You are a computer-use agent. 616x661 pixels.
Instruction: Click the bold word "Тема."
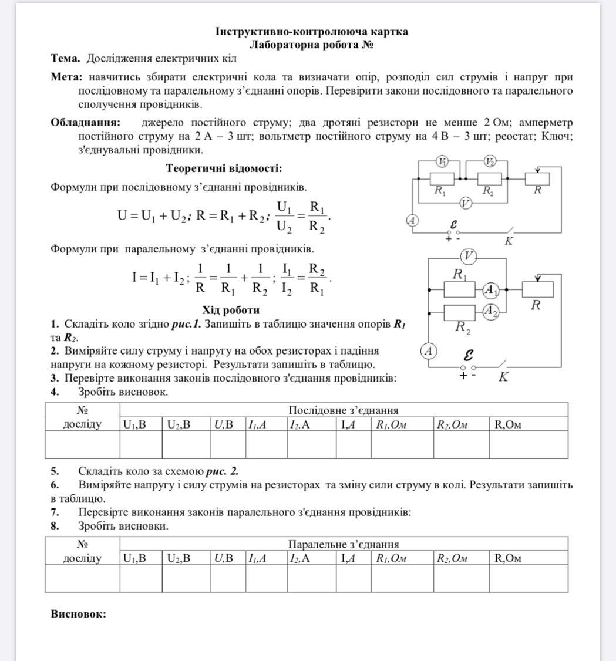[x=65, y=59]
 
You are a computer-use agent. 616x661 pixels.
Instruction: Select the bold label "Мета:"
[x=66, y=77]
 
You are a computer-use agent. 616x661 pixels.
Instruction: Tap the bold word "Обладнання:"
[x=85, y=123]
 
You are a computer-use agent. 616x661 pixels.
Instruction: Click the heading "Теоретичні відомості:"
[x=224, y=168]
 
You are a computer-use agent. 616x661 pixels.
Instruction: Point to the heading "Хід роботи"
[x=231, y=310]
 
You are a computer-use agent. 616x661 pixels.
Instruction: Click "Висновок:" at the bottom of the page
[x=78, y=614]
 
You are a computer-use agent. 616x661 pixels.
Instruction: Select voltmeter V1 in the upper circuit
[x=442, y=161]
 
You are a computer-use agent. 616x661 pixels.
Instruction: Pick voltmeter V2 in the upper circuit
[x=490, y=161]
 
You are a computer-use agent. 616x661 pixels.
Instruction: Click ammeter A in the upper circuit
[x=412, y=221]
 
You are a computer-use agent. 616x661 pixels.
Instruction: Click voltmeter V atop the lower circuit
[x=468, y=256]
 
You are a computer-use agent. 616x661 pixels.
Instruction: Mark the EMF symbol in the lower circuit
[x=468, y=355]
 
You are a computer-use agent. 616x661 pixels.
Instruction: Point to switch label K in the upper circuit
[x=509, y=241]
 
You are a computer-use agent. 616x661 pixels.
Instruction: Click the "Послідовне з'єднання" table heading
[x=343, y=410]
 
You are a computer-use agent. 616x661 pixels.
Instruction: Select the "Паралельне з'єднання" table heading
[x=343, y=544]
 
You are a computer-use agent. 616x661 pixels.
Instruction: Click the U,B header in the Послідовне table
[x=224, y=424]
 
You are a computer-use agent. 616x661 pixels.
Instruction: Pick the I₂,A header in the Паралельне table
[x=299, y=558]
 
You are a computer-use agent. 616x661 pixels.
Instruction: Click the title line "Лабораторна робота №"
[x=312, y=45]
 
